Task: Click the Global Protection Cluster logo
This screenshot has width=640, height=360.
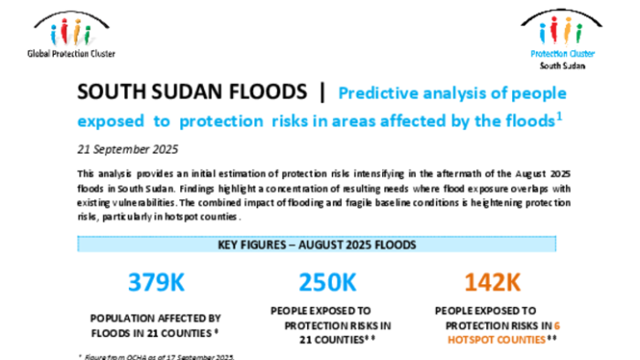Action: pos(71,34)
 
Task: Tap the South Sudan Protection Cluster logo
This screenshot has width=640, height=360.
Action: pos(562,39)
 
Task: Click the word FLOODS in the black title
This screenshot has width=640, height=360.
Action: pos(268,91)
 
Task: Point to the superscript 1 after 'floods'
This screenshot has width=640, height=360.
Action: pos(560,117)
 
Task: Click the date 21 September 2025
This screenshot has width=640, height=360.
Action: pos(128,149)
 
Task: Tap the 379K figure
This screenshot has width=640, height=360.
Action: pos(156,282)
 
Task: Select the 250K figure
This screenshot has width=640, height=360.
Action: pos(327,282)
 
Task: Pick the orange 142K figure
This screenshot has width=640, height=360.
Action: pos(492,282)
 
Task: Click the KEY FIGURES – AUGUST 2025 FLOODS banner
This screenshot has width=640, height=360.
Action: pos(316,244)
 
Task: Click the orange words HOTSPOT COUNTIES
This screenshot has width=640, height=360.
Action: pos(496,340)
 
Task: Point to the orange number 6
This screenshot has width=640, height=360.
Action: pos(557,326)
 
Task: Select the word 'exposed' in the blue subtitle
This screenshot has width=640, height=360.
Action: pos(111,122)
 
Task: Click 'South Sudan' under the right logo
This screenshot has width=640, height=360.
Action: pos(562,66)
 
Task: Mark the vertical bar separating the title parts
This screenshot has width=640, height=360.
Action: pos(323,92)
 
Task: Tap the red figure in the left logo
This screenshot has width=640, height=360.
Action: pos(64,31)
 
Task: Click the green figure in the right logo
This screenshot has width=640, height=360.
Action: pos(579,33)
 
